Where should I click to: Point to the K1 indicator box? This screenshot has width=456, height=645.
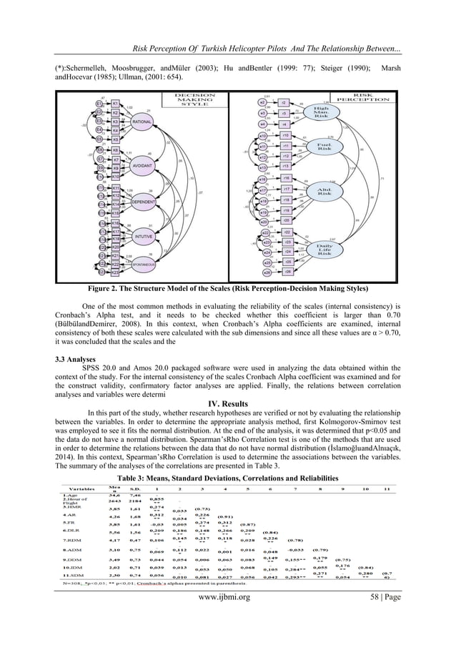(116, 103)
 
